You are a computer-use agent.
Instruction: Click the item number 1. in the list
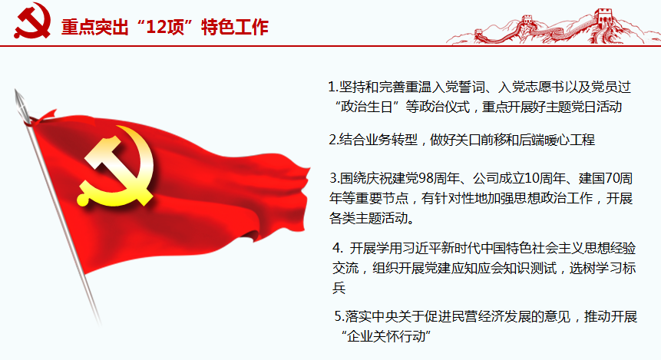tap(332, 87)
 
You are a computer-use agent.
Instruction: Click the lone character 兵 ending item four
tap(339, 289)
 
